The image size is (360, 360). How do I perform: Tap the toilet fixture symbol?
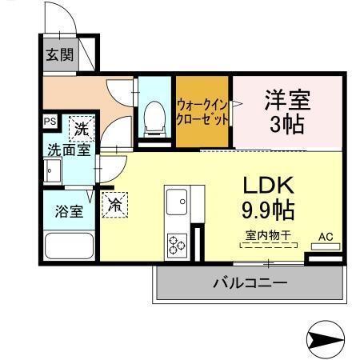[152, 118]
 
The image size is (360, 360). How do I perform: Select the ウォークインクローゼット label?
[203, 110]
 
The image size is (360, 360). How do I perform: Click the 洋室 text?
[286, 101]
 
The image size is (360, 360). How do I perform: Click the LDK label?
[269, 185]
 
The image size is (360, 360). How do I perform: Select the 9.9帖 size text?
[269, 211]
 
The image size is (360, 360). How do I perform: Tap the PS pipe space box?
[50, 122]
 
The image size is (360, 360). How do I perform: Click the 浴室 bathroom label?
[66, 212]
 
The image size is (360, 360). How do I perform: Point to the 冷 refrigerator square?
[115, 204]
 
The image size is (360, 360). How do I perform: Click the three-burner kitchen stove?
[175, 243]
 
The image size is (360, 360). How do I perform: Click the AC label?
[326, 237]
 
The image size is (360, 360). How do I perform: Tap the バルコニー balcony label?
[250, 282]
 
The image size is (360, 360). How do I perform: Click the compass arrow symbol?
[329, 340]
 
